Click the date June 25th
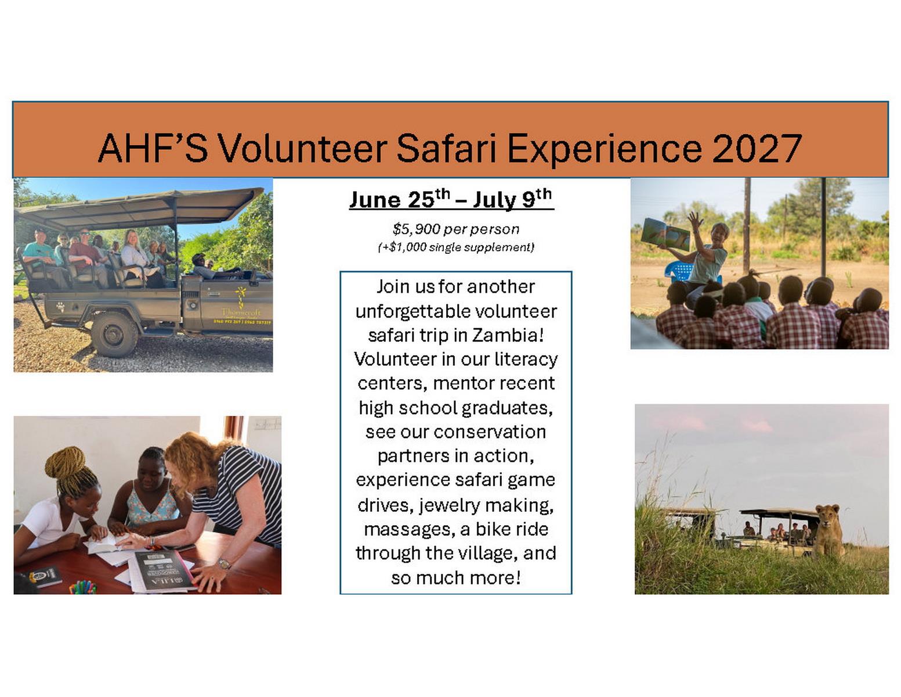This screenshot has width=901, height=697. click(400, 199)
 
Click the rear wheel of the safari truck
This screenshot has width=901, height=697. click(114, 335)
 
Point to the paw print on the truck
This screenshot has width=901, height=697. click(61, 306)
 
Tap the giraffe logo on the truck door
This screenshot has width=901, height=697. click(240, 297)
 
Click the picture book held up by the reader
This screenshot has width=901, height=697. click(665, 233)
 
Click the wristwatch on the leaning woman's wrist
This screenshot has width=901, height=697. click(224, 564)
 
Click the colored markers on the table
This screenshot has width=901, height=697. click(82, 587)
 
